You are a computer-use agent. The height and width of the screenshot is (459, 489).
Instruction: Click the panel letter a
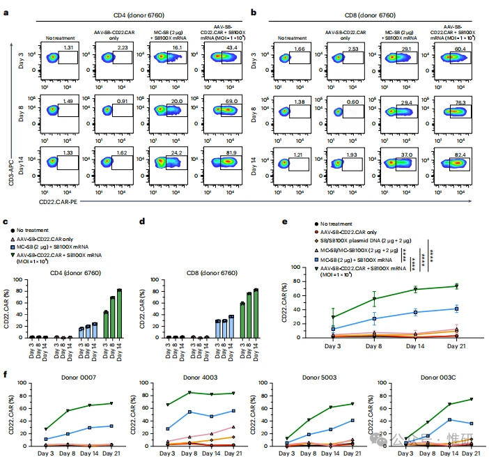6,13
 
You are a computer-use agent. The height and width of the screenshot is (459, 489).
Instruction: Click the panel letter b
253,13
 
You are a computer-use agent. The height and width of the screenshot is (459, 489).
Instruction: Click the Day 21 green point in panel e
456,286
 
